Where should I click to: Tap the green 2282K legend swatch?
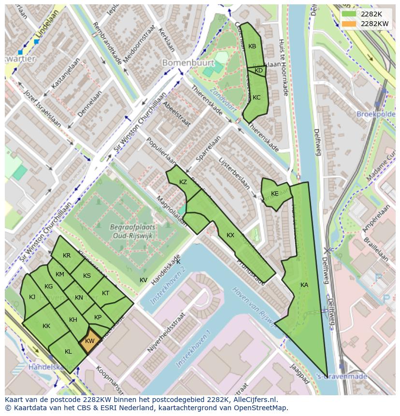[x=348, y=14]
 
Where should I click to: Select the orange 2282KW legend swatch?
[x=348, y=24]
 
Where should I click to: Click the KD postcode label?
[x=258, y=71]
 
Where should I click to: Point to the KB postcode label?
[x=252, y=46]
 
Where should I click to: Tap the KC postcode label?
[x=257, y=98]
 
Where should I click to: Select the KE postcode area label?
[x=274, y=194]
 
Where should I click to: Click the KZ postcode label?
[x=183, y=182]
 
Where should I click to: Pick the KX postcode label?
[x=230, y=235]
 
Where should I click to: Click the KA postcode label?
[x=304, y=285]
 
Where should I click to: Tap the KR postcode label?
[x=67, y=256]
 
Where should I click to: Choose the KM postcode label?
[x=60, y=274]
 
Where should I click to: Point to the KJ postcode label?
[x=32, y=297]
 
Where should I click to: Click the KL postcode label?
[x=68, y=352]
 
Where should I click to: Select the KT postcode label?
[x=105, y=293]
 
